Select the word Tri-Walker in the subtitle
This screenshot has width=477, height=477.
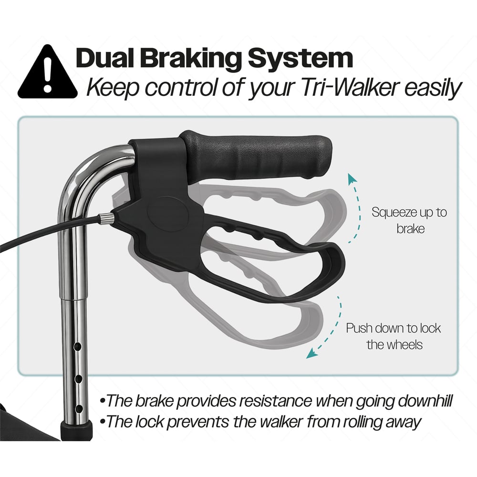click(x=350, y=88)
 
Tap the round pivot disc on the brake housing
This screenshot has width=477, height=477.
click(x=167, y=214)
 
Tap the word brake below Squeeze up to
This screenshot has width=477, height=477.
click(x=410, y=229)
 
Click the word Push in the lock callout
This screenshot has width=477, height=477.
click(x=359, y=328)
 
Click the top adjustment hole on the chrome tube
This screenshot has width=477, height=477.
click(x=78, y=346)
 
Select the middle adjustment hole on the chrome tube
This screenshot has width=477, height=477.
click(x=78, y=379)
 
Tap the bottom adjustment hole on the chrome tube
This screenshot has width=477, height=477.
click(x=79, y=409)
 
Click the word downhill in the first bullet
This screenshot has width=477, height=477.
click(x=425, y=401)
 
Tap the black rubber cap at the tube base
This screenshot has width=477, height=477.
click(x=76, y=430)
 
